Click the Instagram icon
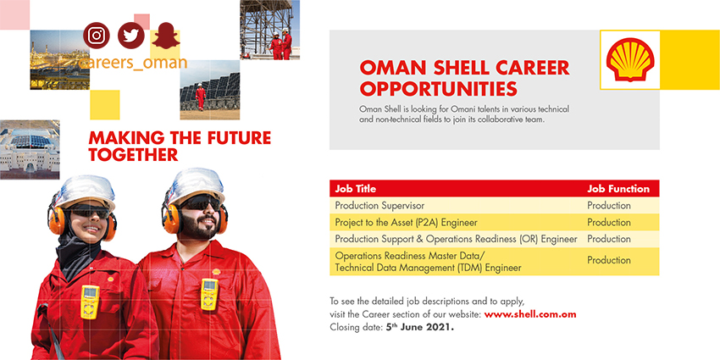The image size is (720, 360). click(x=97, y=36)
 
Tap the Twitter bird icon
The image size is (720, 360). click(x=130, y=36)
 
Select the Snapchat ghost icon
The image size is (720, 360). click(x=166, y=36)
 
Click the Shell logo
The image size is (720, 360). click(x=630, y=59)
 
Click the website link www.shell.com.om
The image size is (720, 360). click(x=530, y=314)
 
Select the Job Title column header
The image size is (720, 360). click(x=356, y=189)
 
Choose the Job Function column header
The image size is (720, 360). click(x=618, y=189)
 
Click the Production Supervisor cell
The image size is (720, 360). click(x=379, y=206)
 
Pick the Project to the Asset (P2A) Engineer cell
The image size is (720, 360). click(x=406, y=223)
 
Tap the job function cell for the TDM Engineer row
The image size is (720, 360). click(x=609, y=260)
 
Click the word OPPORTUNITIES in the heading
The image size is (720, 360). click(x=439, y=89)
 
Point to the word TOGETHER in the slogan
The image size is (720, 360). click(x=133, y=155)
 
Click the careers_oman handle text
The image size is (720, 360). click(x=133, y=63)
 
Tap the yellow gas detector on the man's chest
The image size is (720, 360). click(x=209, y=294)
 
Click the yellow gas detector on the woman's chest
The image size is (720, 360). click(x=90, y=302)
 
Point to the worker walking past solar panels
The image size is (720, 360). click(x=200, y=97)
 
